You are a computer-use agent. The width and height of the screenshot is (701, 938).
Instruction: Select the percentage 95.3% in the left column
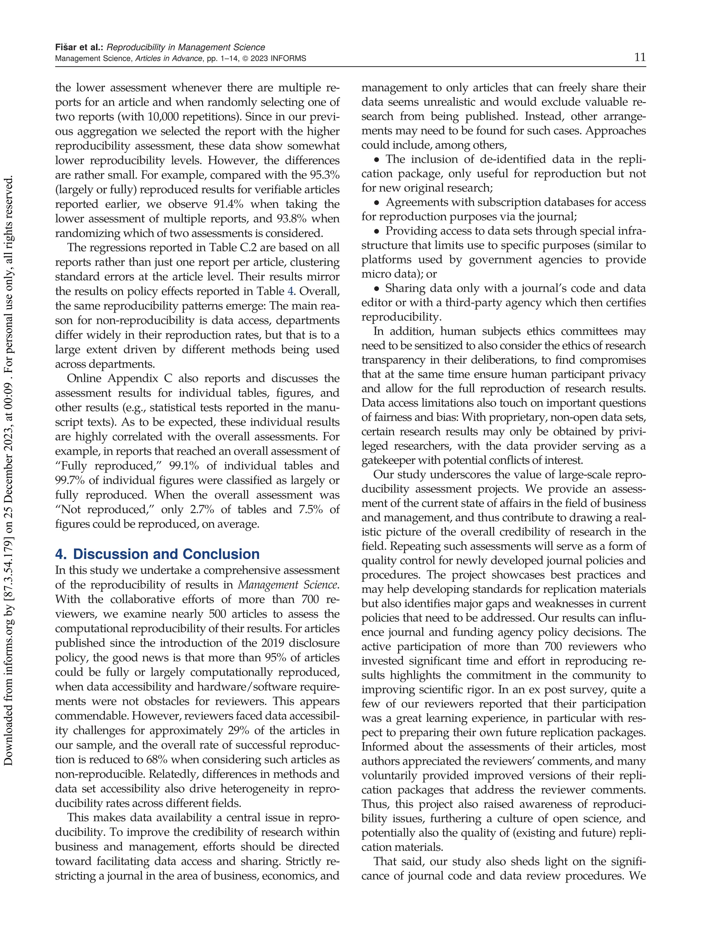[324, 175]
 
